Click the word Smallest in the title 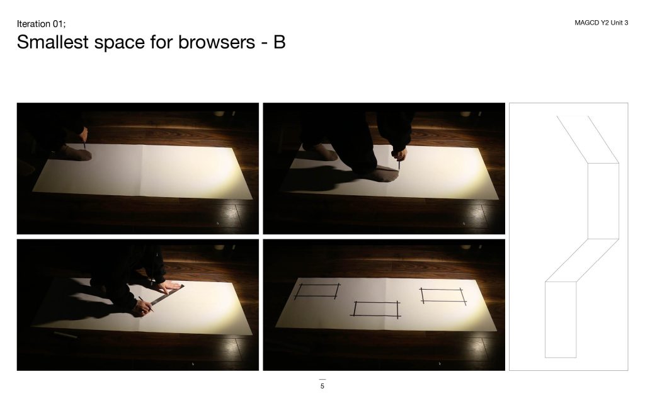pos(53,42)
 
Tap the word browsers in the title pos(217,42)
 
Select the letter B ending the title pos(280,42)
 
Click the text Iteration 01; pos(41,24)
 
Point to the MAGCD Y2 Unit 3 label pos(601,23)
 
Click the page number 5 pos(322,386)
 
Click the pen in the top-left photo pos(84,144)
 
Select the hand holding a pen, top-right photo pos(399,155)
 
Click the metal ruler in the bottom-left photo pos(166,295)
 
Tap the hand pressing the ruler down pos(169,287)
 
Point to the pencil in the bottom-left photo pos(146,304)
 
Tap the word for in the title pos(161,42)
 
